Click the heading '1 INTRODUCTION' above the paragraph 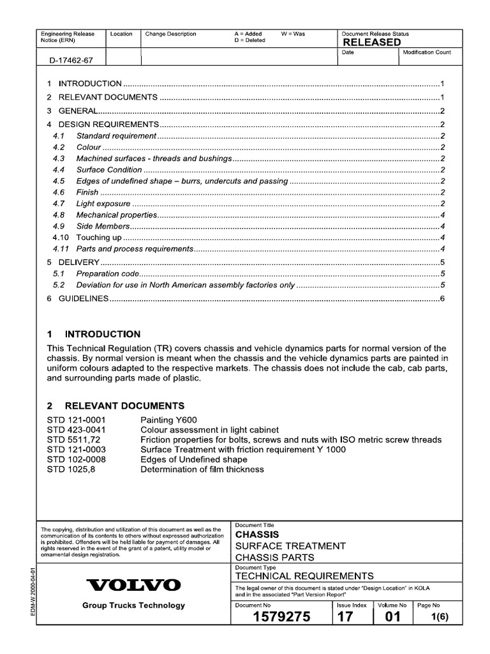(94, 334)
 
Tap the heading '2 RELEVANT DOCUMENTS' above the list (115, 406)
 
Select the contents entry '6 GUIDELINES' (78, 299)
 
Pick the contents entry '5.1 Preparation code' (96, 273)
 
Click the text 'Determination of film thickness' (202, 469)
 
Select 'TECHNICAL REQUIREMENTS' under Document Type (304, 575)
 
